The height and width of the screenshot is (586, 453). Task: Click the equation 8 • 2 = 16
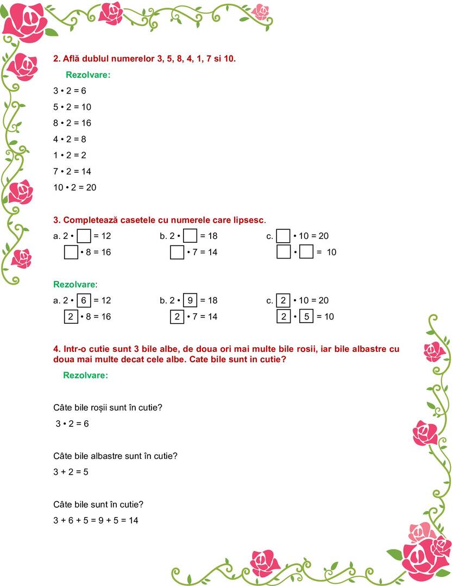coord(72,123)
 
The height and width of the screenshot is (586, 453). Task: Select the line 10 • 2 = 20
coord(74,187)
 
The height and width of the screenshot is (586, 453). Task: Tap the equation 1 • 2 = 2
coord(70,155)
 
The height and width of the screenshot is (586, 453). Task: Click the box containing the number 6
coord(84,300)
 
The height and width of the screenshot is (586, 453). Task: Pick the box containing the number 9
coord(190,300)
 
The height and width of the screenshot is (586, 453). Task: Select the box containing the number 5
coord(306,317)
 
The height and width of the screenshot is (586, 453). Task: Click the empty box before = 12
coord(84,236)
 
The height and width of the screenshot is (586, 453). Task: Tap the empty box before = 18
coord(190,236)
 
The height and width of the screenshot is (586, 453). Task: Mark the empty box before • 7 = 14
coord(177,253)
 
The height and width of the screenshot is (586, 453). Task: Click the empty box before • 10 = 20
coord(283,236)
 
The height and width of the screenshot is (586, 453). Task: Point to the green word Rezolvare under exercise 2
coord(88,75)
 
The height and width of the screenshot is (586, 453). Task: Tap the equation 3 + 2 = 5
coord(71,472)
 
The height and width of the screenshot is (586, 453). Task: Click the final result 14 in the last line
coord(133,520)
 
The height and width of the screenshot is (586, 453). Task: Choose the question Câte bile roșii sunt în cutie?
coord(108,407)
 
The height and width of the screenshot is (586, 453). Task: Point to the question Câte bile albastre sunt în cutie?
coord(115,456)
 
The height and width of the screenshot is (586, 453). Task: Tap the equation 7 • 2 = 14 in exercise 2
coord(72,171)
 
